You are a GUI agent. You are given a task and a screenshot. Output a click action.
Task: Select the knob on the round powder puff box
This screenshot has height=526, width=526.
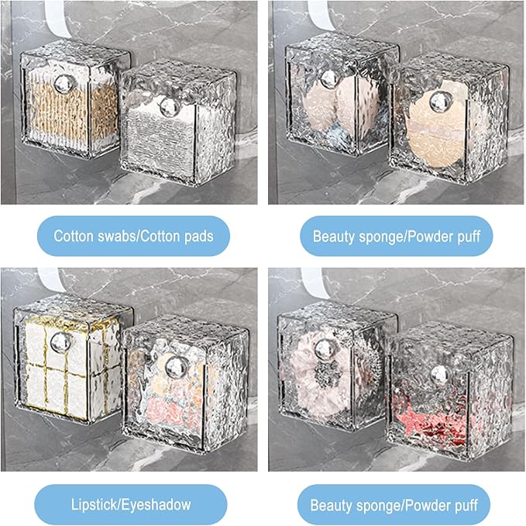tap(441, 102)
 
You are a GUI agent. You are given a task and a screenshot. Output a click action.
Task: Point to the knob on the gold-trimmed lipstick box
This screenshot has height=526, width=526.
tap(61, 342)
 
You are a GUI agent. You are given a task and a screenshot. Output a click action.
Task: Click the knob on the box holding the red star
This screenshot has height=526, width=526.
tap(439, 375)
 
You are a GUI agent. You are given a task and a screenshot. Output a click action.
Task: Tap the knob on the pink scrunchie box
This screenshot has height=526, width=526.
tap(324, 350)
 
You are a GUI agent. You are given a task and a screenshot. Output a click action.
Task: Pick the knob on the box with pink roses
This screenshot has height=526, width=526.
tap(176, 366)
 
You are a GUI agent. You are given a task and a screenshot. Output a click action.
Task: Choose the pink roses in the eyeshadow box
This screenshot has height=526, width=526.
tap(168, 410)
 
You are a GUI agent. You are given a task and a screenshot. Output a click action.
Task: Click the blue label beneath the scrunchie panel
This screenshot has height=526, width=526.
tap(394, 505)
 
